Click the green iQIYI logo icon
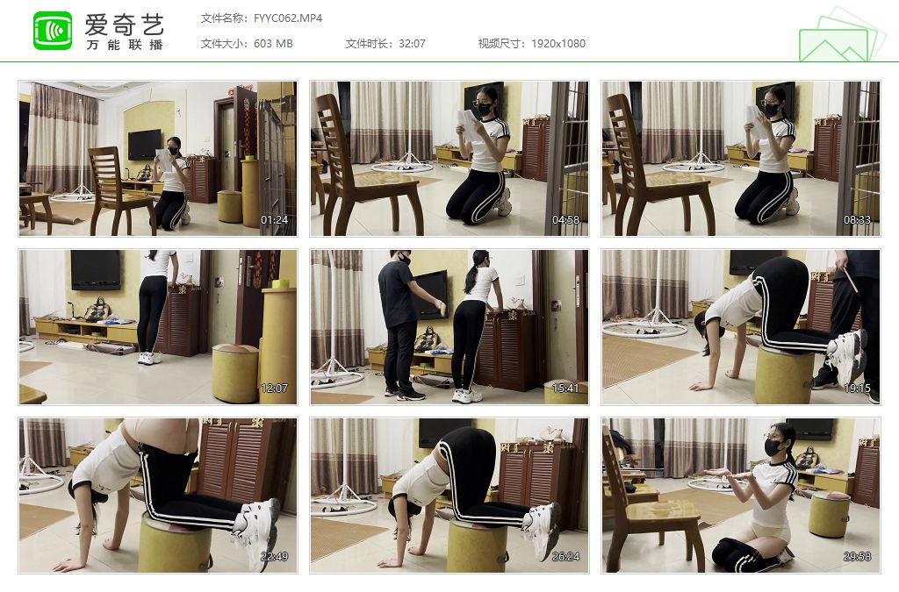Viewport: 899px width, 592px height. tap(53, 31)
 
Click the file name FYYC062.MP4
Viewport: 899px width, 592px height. tap(288, 18)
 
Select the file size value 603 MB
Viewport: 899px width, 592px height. tap(273, 44)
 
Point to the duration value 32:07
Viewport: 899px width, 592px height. tap(412, 44)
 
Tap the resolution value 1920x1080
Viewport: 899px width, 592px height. tap(557, 44)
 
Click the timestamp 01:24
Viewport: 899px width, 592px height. tap(274, 220)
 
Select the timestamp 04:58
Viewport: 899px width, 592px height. tap(565, 220)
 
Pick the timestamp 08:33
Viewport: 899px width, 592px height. tap(857, 220)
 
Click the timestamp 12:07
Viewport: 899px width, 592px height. tap(274, 389)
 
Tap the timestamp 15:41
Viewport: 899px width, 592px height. tap(565, 389)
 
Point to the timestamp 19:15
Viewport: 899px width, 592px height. tap(857, 389)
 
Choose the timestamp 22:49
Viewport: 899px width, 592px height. tap(274, 557)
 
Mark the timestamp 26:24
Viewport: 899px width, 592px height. tap(565, 557)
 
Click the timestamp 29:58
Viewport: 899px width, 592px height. tap(857, 557)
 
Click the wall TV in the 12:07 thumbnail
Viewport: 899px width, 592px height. tap(96, 269)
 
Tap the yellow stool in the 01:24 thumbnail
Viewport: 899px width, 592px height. tap(229, 206)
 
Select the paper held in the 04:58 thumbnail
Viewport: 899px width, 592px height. tap(467, 123)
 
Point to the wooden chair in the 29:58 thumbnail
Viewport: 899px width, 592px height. tap(649, 503)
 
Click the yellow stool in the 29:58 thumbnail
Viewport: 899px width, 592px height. tap(829, 514)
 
